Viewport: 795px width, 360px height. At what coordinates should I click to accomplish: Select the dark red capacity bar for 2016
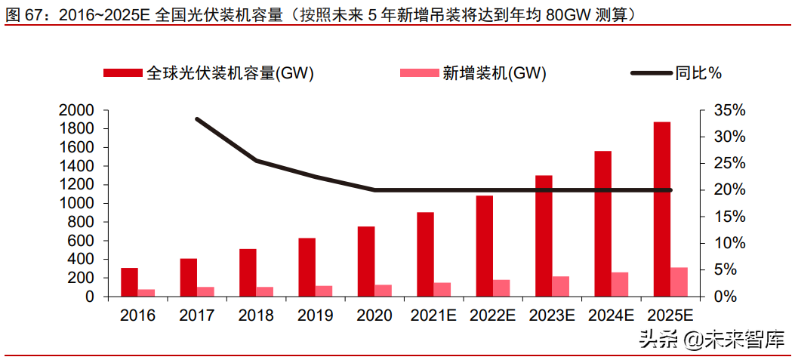(129, 282)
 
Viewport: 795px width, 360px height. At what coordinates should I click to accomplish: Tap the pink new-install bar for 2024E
(619, 285)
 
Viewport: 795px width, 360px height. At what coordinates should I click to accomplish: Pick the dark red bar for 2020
(365, 261)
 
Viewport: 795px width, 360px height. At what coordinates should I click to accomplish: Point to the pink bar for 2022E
(501, 288)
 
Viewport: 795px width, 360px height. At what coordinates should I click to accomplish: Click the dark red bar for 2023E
(544, 235)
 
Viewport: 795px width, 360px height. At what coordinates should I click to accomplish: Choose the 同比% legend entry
(699, 73)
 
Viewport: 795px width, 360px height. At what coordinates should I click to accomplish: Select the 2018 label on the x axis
(256, 315)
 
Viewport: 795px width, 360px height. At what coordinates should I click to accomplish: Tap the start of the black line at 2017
(197, 119)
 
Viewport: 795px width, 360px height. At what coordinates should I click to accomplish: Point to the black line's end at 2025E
(670, 190)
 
